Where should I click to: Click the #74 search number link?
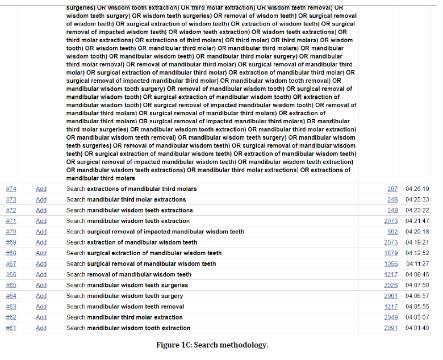11,189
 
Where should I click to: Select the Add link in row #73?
41,199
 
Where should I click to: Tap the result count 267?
392,189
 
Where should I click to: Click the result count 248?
392,199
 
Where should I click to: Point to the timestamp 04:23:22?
417,210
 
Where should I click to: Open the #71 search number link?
11,221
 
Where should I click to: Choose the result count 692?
392,232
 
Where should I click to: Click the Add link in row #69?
41,242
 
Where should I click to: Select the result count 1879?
391,253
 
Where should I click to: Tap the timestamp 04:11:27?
417,263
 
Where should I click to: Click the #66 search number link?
11,274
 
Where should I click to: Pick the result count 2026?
391,285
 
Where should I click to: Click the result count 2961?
391,296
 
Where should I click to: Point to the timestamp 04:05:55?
417,307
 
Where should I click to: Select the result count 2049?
391,317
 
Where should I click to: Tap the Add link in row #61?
41,328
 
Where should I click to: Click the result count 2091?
391,328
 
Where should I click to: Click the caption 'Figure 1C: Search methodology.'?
212,345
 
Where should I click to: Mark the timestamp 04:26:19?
417,189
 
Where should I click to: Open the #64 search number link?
11,296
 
